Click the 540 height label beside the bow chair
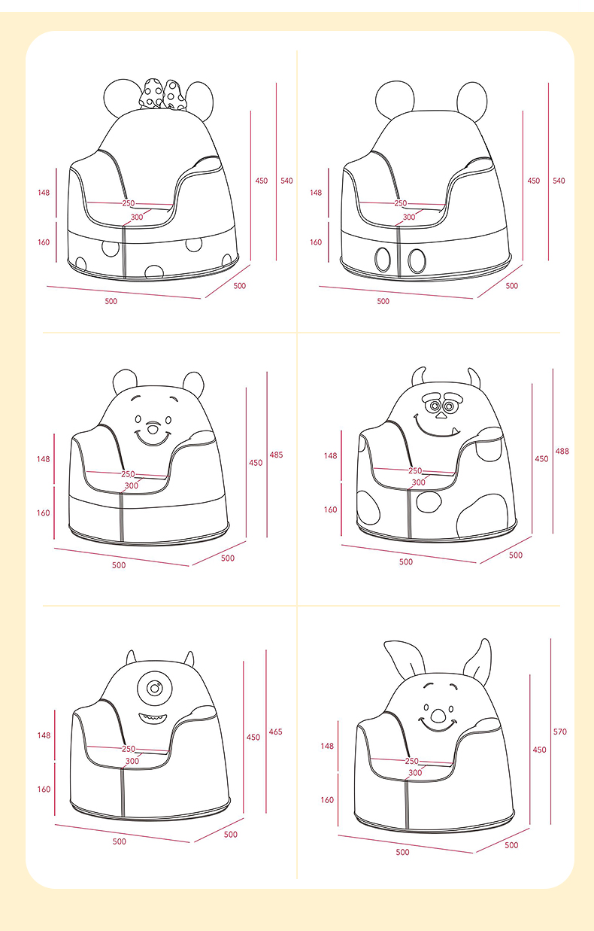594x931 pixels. pos(286,181)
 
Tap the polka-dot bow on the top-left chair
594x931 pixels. pos(162,95)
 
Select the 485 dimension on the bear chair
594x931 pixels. pos(276,455)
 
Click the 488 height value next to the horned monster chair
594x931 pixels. pos(562,451)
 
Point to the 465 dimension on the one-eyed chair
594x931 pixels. pos(275,732)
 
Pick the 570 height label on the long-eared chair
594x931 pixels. pos(560,732)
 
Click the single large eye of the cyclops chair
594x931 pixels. pos(154,688)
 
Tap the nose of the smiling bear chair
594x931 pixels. pos(153,428)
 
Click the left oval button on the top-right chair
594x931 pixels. pos(383,260)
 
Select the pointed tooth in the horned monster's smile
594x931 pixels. pos(455,431)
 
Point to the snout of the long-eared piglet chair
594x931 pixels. pos(438,715)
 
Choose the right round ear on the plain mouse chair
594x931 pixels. pos(472,101)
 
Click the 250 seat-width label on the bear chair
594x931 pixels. pos(128,474)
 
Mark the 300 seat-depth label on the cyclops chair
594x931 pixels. pos(132,761)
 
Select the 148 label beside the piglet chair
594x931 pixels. pos(327,746)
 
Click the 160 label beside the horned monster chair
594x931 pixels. pos(330,510)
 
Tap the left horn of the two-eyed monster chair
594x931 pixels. pos(419,376)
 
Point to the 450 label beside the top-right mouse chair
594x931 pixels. pos(533,181)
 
